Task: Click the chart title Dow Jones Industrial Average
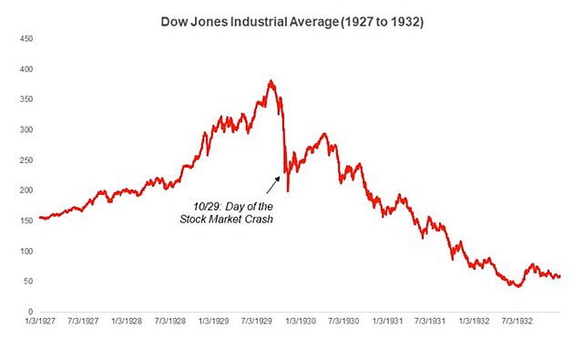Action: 291,20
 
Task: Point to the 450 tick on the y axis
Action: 27,39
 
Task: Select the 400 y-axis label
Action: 27,69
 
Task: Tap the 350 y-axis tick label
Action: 27,99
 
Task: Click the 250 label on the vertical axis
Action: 27,160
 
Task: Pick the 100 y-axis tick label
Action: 27,252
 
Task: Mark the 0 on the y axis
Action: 31,312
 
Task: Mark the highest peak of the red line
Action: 271,81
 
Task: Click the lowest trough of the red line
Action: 517,286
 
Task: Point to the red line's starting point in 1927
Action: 40,218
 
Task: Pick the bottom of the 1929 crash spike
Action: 288,190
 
